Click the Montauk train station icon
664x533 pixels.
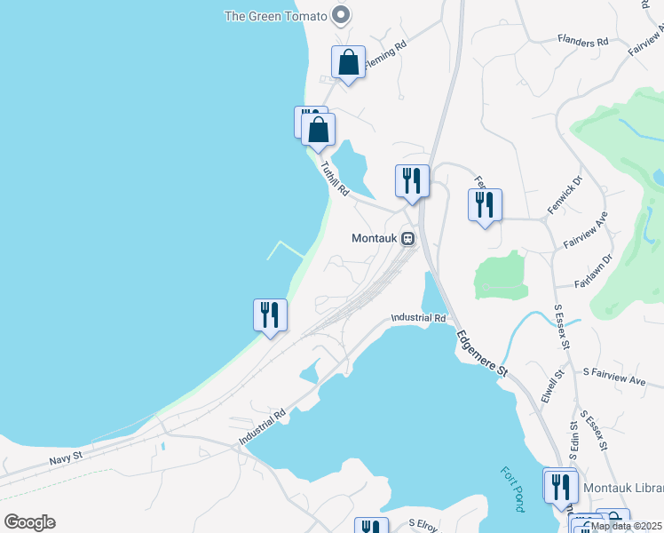click(x=407, y=238)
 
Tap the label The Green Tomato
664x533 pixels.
click(x=275, y=15)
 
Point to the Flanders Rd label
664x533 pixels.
click(x=582, y=41)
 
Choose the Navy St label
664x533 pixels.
click(x=66, y=457)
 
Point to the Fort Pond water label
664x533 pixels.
click(x=512, y=489)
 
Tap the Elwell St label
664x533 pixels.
click(x=555, y=387)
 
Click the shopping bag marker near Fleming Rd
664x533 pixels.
click(x=348, y=62)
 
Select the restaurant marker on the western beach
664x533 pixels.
click(x=269, y=314)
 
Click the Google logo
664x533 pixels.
click(x=29, y=522)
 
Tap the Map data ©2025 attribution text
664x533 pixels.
click(x=627, y=526)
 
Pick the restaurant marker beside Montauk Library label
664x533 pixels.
click(x=560, y=486)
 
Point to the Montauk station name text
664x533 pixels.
click(x=373, y=238)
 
